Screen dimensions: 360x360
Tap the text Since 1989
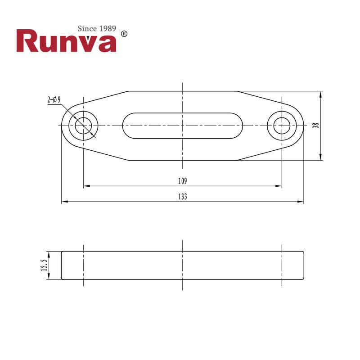(x=97, y=28)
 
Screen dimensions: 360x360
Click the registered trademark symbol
(x=125, y=34)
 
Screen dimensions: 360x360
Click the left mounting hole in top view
(x=83, y=126)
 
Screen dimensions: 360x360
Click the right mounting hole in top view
(x=282, y=126)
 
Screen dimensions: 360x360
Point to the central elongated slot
(x=182, y=126)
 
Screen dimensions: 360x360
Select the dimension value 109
(x=182, y=181)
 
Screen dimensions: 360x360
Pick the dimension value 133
(x=182, y=197)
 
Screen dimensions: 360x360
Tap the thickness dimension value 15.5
(x=44, y=265)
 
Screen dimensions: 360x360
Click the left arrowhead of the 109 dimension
(x=86, y=185)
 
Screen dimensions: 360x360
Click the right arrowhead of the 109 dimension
(x=279, y=185)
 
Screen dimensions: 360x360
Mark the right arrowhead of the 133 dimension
(x=301, y=201)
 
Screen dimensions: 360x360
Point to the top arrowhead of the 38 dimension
(x=320, y=94)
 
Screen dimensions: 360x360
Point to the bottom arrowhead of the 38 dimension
(x=320, y=157)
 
